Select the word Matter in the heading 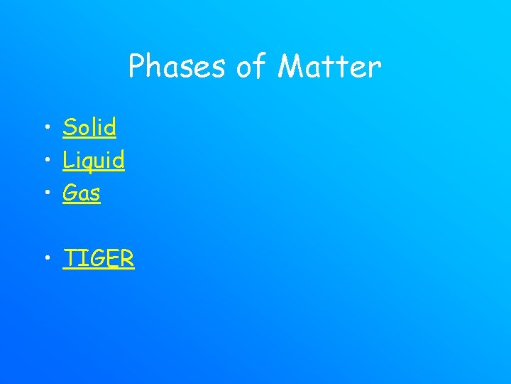click(x=330, y=68)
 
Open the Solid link click(x=89, y=128)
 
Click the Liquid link click(x=94, y=161)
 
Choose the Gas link click(x=82, y=193)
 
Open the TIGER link click(x=99, y=259)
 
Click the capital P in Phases click(x=137, y=68)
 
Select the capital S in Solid click(x=70, y=128)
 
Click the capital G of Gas click(x=71, y=193)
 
